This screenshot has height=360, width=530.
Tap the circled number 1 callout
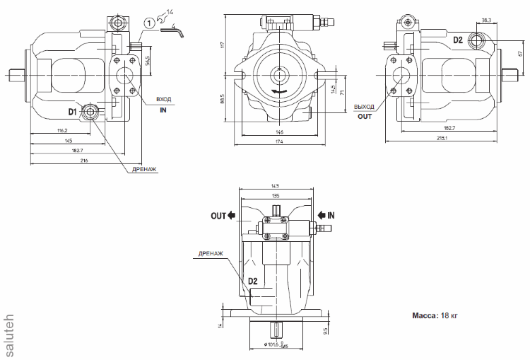tap(148, 23)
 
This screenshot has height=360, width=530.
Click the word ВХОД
tap(163, 100)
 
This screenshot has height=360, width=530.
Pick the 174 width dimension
tap(279, 142)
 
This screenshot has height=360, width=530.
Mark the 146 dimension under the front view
tap(279, 132)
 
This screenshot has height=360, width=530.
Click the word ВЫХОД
tap(364, 107)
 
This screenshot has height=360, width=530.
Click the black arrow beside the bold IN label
tap(322, 215)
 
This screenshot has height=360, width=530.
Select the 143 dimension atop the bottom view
tap(276, 186)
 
